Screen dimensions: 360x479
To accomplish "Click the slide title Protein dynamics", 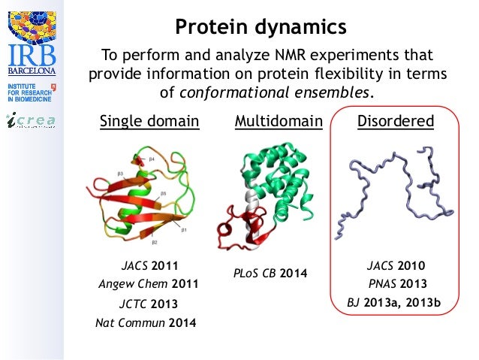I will coord(261,27).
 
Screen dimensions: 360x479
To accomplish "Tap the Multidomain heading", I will coord(279,121).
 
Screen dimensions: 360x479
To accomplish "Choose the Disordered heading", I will coord(395,121).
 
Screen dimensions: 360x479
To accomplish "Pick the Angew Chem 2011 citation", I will coord(148,284).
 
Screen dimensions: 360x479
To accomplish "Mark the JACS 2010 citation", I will coord(396,265).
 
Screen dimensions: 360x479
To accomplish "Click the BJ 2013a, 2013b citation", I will coord(393,304).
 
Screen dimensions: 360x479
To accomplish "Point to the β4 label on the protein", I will coord(151,159).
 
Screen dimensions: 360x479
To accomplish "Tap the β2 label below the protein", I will coord(153,242).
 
